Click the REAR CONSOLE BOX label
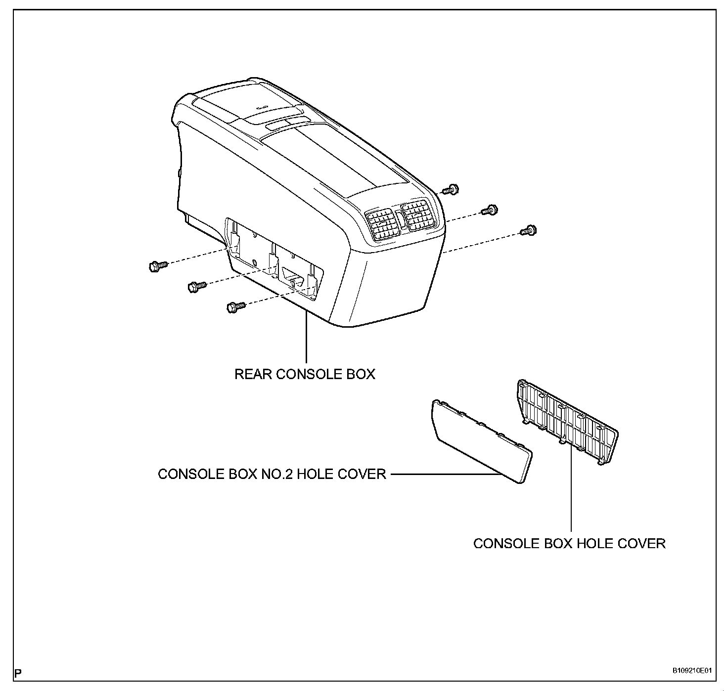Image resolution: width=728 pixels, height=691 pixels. click(305, 374)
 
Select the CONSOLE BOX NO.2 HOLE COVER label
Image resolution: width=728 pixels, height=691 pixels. click(272, 474)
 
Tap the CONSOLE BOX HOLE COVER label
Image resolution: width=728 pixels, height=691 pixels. click(569, 543)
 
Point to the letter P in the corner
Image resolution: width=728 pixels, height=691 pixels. click(18, 673)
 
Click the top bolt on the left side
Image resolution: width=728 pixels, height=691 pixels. click(157, 266)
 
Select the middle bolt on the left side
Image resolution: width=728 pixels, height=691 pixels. click(197, 286)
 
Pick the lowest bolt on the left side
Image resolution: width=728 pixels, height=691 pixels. click(235, 307)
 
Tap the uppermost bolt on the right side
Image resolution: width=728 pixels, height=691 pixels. click(451, 189)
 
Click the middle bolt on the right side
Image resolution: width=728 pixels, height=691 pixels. click(490, 210)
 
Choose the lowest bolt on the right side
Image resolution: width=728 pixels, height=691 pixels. click(529, 230)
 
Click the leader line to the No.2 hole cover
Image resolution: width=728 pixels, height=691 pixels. click(443, 475)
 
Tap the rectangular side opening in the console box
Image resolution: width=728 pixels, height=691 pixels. click(274, 259)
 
